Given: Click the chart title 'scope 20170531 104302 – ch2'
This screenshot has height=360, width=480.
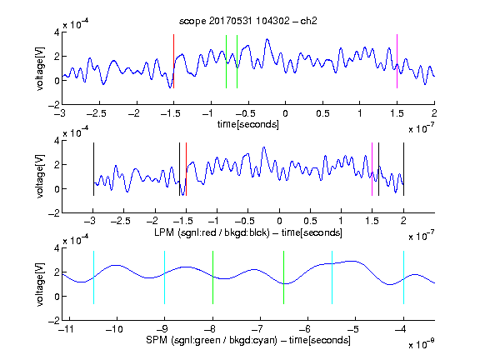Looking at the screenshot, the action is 248,21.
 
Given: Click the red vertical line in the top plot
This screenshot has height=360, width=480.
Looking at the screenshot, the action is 174,61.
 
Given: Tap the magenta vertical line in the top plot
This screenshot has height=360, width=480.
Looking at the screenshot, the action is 397,61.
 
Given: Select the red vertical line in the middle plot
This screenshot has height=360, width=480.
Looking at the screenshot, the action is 186,169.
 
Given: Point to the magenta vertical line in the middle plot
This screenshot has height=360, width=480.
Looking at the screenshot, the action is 372,169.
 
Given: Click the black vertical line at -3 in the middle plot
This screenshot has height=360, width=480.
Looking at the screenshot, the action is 93,169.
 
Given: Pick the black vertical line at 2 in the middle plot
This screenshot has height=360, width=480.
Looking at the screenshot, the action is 403,169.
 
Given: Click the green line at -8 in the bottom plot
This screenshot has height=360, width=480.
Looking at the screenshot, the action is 212,277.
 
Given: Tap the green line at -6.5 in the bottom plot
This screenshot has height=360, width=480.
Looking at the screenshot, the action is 284,277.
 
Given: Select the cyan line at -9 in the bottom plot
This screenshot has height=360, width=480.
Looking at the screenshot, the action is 165,277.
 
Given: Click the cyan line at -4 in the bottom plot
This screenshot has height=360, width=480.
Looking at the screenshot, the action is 403,277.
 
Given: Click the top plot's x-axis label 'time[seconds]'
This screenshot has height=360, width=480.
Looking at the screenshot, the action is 248,125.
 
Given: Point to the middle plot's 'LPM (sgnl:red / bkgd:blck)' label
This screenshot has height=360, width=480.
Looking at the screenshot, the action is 212,232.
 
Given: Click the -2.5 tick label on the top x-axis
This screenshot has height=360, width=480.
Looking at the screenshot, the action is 96,113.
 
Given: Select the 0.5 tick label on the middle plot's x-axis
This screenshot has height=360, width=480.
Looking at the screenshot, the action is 310,221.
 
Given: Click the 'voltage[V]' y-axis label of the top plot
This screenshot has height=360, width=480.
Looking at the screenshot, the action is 40,68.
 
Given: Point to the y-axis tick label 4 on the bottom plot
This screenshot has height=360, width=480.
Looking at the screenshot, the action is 57,248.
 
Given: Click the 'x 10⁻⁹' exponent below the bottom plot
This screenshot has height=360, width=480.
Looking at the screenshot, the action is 422,344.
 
